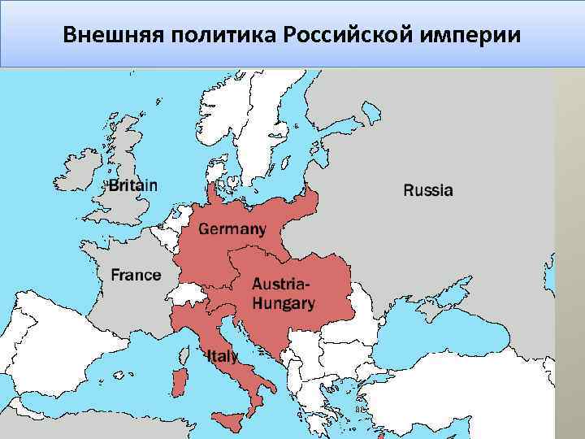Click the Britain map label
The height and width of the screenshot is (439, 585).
(133, 185)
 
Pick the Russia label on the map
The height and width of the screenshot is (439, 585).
(428, 191)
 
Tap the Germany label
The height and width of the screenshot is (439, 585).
(232, 229)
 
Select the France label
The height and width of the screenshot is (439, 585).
(136, 275)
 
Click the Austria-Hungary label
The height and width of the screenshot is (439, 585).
(283, 294)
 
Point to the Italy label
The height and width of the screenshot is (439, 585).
(223, 356)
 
